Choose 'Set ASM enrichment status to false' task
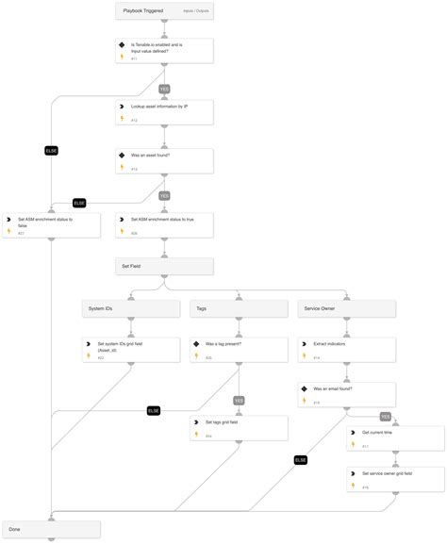pyautogui.click(x=52, y=223)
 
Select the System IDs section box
pyautogui.click(x=130, y=308)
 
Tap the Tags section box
pyautogui.click(x=239, y=308)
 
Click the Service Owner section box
pyautogui.click(x=346, y=308)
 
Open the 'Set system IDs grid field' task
pyautogui.click(x=130, y=350)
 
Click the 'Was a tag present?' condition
pyautogui.click(x=239, y=350)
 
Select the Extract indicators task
pyautogui.click(x=346, y=350)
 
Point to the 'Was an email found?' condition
pyautogui.click(x=346, y=394)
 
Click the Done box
pyautogui.click(x=52, y=529)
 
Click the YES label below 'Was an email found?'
pyautogui.click(x=385, y=416)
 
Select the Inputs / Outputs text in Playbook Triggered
pyautogui.click(x=194, y=11)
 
